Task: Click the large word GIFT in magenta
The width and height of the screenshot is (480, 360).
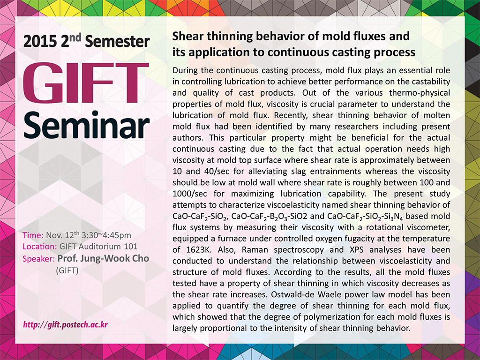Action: [x=86, y=83]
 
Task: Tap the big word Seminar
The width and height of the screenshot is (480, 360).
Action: [x=86, y=125]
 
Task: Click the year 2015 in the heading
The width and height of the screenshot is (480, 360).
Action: [x=40, y=42]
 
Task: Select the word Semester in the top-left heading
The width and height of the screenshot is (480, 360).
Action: [x=118, y=42]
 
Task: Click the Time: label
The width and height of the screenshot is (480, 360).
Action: [x=33, y=235]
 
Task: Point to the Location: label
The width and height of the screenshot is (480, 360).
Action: [x=40, y=247]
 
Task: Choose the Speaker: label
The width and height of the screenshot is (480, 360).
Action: [x=38, y=259]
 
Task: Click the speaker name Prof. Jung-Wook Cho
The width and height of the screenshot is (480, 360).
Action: [x=103, y=259]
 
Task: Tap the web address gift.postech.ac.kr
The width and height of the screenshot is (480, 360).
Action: [x=66, y=324]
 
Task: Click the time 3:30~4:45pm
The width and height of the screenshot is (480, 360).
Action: [x=106, y=235]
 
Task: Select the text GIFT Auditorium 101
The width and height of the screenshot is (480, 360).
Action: [x=98, y=247]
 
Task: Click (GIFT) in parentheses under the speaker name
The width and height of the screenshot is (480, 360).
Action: [x=67, y=270]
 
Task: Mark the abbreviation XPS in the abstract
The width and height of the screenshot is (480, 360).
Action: [x=357, y=250]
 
